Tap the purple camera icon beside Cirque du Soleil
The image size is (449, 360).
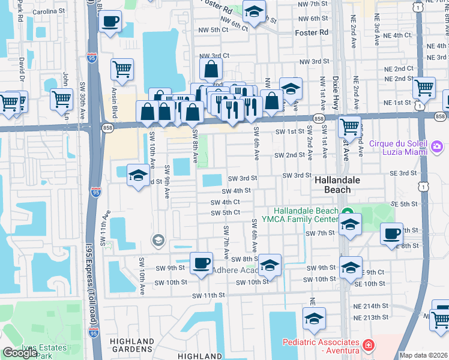pos(437,146)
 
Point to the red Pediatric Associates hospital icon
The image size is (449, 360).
pos(368,346)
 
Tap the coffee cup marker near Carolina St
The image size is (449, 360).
pos(110,23)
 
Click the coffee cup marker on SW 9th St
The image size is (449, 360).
pos(201,262)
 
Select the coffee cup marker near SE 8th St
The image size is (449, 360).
pos(392,233)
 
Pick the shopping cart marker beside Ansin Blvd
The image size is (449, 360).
pos(122,69)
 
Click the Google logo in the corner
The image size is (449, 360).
pos(20,353)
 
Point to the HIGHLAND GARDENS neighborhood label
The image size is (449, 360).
pos(131,344)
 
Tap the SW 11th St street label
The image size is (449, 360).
pos(208,295)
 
